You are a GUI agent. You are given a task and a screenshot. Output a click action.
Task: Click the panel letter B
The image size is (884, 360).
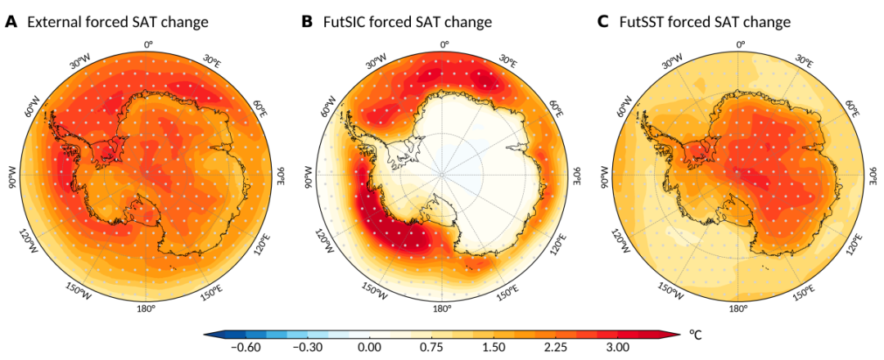pyautogui.click(x=307, y=22)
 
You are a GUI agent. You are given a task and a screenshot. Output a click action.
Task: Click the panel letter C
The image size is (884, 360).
pyautogui.click(x=602, y=22)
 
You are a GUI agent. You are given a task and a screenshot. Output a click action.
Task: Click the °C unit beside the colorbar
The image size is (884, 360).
pyautogui.click(x=696, y=335)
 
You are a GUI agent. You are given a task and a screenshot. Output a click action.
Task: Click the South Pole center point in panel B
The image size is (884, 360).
pyautogui.click(x=442, y=174)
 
